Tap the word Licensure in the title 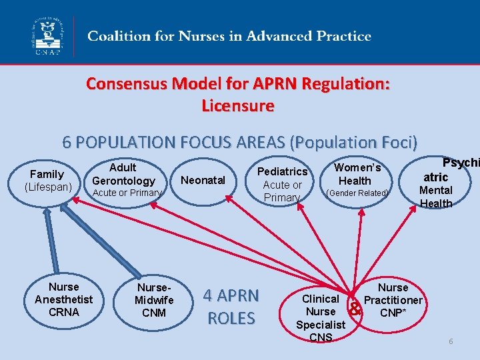pyautogui.click(x=237, y=105)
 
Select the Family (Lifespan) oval pyautogui.click(x=47, y=181)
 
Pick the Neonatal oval pyautogui.click(x=203, y=180)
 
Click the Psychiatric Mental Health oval pyautogui.click(x=437, y=183)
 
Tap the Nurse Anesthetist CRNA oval pyautogui.click(x=63, y=299)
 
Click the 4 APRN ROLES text pyautogui.click(x=231, y=307)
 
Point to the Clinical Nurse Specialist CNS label pyautogui.click(x=321, y=318)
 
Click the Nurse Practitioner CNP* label pyautogui.click(x=393, y=300)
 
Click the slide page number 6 pyautogui.click(x=451, y=341)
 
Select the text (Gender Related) pyautogui.click(x=357, y=193)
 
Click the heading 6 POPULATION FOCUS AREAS pyautogui.click(x=239, y=142)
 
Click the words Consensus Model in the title pyautogui.click(x=137, y=85)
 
